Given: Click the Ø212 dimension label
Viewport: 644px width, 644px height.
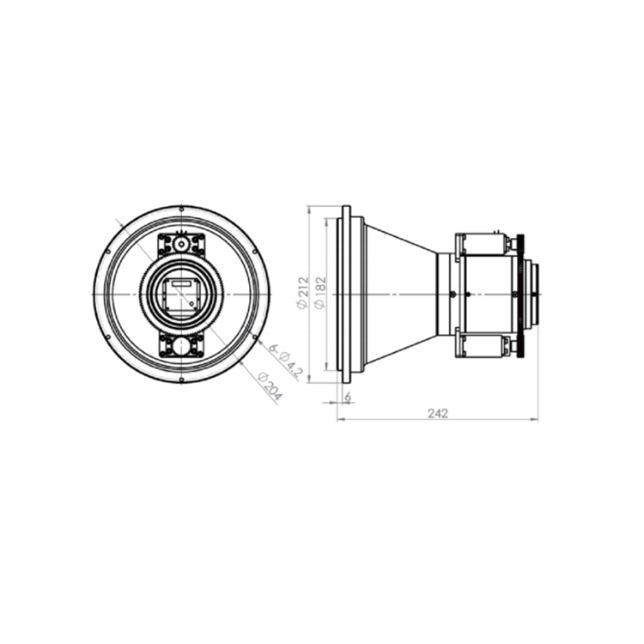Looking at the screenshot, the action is tap(303, 293).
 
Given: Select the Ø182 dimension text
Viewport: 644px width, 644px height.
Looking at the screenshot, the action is tap(320, 293).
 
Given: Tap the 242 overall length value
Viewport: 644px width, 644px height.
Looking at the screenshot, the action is tap(438, 413).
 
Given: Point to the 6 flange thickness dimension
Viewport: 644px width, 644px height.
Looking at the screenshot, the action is tap(348, 397).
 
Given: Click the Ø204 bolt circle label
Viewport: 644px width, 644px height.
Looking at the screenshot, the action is tap(270, 386).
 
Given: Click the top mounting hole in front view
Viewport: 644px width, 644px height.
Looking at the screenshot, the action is tap(181, 210).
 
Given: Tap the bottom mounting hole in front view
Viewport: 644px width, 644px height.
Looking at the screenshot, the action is tap(181, 380).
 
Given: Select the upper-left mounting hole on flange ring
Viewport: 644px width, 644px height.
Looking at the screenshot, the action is tap(107, 252).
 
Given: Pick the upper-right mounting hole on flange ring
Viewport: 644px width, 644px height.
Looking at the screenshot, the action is tap(255, 252).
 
